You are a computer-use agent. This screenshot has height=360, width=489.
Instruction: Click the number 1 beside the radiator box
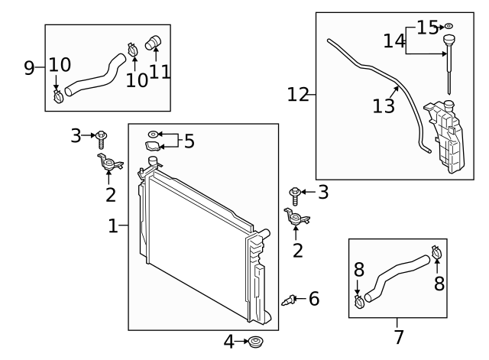point(112,226)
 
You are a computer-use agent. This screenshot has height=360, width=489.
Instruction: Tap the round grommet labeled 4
point(254,341)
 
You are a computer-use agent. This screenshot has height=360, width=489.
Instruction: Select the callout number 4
point(229,341)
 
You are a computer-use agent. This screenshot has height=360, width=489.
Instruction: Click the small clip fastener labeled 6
point(290,298)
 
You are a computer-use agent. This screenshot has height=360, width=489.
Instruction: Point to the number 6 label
point(313,298)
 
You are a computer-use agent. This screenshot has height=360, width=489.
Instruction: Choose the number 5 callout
point(189,141)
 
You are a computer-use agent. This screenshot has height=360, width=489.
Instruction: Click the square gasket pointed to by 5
point(154,147)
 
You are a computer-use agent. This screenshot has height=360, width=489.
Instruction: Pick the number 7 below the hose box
point(398,336)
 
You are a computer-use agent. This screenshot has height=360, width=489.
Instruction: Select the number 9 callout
point(29,67)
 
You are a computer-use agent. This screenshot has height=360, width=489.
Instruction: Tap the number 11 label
point(159,71)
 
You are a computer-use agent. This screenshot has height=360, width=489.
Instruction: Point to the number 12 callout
point(299,95)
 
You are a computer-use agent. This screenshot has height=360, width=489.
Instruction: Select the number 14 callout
point(394,41)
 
